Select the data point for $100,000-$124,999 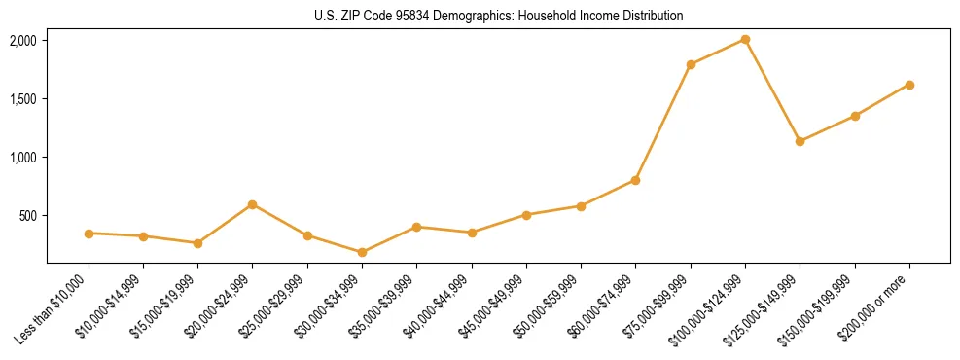tap(745, 39)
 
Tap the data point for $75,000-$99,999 tap(691, 64)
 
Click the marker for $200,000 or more tap(909, 85)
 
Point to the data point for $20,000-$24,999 tap(252, 204)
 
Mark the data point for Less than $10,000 tap(89, 234)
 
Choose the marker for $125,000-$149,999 tap(800, 141)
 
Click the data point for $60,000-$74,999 tap(635, 180)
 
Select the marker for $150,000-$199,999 tap(855, 116)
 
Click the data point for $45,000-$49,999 tap(526, 215)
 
